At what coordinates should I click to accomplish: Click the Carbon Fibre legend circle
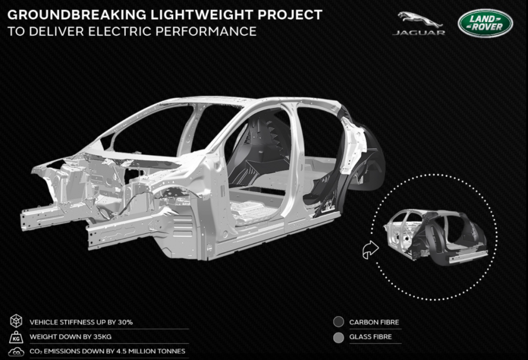click(x=338, y=322)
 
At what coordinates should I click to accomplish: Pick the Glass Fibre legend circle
click(x=338, y=336)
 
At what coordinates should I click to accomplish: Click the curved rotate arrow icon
click(x=369, y=249)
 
